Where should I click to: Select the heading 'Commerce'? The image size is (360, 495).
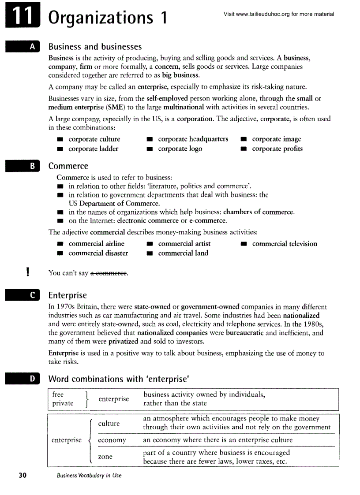point(68,166)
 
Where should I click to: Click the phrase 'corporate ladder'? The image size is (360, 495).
point(93,149)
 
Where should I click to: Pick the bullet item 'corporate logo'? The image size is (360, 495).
point(180,149)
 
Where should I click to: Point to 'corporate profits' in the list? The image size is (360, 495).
point(277,149)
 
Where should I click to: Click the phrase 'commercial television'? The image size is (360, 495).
point(284,244)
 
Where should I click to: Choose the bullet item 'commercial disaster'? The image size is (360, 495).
point(98,253)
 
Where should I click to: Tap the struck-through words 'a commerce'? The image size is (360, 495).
point(109,273)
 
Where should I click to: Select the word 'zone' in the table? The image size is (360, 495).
point(105,457)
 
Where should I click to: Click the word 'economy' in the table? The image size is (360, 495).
point(112,440)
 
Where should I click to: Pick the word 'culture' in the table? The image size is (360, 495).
point(109,424)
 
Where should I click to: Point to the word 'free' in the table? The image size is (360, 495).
point(58,395)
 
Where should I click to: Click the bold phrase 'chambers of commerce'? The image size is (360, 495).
point(258,212)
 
